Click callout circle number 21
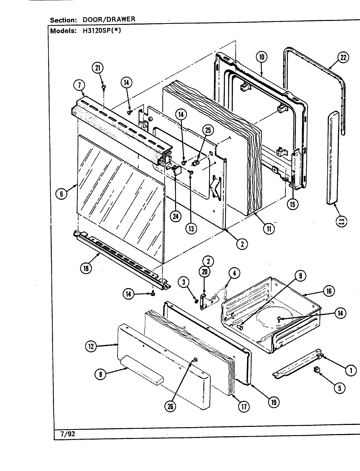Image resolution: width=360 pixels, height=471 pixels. pyautogui.click(x=98, y=68)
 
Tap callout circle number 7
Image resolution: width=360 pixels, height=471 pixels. pyautogui.click(x=79, y=86)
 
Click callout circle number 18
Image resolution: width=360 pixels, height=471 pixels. pyautogui.click(x=86, y=268)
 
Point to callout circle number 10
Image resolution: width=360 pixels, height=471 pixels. pyautogui.click(x=261, y=57)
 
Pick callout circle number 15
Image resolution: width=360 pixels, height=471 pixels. pyautogui.click(x=292, y=204)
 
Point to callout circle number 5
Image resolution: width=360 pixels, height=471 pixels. pyautogui.click(x=339, y=388)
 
